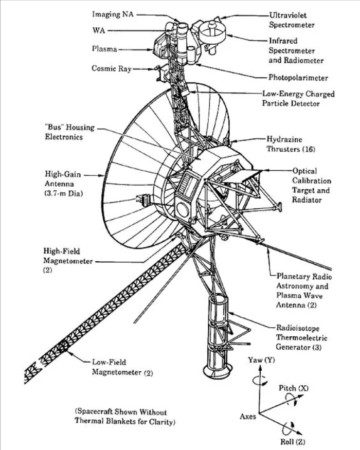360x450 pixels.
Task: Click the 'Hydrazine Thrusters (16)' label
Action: click(x=291, y=144)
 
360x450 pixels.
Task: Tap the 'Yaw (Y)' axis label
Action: click(x=261, y=360)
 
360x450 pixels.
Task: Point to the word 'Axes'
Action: click(x=248, y=417)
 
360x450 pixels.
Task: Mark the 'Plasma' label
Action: click(x=104, y=49)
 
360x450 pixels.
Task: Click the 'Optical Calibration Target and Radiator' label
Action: click(x=312, y=185)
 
